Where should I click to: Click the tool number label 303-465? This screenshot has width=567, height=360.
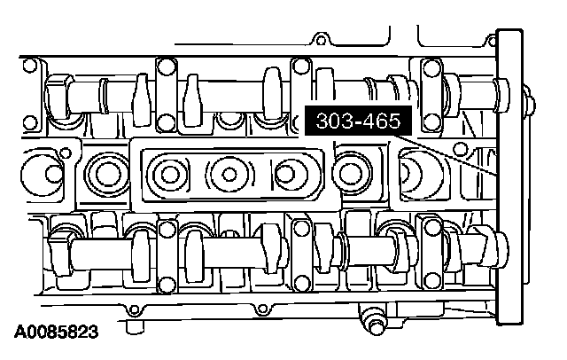358,121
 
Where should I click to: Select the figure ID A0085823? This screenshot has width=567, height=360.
57,332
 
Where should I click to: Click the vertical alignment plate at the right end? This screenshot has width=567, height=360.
510,177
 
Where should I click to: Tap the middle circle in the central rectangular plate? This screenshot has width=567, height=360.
229,175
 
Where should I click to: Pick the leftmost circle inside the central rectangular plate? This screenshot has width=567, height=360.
169,175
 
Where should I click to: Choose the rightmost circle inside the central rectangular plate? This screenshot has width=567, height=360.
287,174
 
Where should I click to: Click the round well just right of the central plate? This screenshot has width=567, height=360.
350,173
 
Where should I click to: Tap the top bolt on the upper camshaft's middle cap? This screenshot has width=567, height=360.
300,67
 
